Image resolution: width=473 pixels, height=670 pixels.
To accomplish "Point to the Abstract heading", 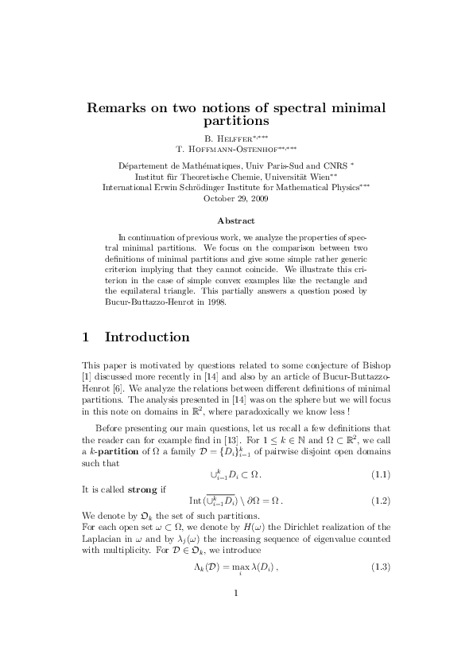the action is (236, 220).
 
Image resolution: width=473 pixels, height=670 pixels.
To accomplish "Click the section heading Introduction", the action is (147, 337).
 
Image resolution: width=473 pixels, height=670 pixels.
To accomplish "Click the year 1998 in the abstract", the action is (214, 303).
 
